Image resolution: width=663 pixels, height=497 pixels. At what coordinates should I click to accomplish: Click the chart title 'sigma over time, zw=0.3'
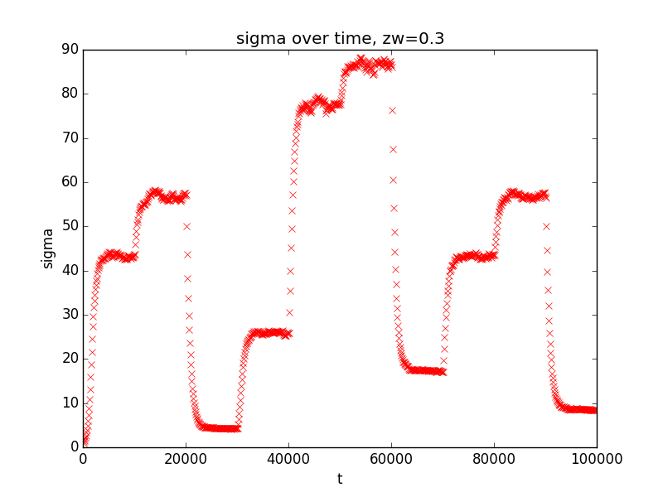[x=340, y=38]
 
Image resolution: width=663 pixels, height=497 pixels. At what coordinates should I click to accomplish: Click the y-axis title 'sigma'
[x=48, y=248]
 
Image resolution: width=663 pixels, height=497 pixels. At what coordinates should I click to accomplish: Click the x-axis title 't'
[x=340, y=479]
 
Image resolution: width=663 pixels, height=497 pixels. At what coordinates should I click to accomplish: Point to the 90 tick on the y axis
[x=70, y=50]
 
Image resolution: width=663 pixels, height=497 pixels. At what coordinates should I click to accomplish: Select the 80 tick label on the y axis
[x=70, y=94]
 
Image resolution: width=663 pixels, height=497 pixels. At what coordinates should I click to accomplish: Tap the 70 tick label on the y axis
[x=70, y=138]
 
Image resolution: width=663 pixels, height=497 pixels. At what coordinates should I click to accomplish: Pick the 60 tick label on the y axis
[x=70, y=182]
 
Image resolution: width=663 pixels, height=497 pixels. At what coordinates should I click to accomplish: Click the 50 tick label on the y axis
[x=70, y=226]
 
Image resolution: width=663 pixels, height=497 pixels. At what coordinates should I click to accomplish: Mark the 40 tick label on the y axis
[x=70, y=270]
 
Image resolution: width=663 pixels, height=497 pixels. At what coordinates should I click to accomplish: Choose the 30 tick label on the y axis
[x=70, y=315]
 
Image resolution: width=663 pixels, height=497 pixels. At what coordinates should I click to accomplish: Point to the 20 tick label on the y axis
[x=70, y=359]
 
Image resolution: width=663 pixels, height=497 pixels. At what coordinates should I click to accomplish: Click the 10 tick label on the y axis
[x=70, y=403]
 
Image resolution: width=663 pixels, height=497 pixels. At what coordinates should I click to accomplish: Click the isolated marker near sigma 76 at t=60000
[x=392, y=110]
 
